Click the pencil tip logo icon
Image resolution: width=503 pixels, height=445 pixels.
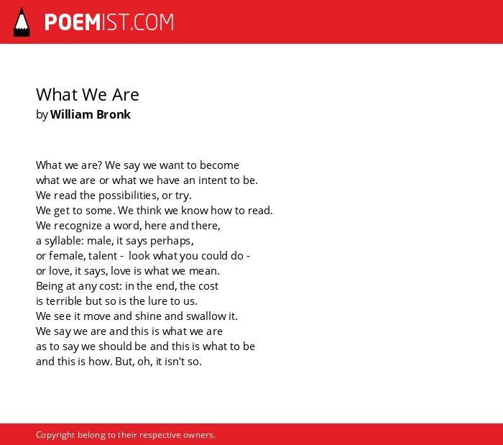pyautogui.click(x=22, y=22)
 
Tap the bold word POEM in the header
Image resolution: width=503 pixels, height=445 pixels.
pyautogui.click(x=72, y=22)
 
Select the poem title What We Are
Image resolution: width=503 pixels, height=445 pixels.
pyautogui.click(x=87, y=95)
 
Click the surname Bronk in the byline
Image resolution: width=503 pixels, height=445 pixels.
pyautogui.click(x=114, y=114)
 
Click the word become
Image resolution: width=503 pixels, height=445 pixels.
pyautogui.click(x=219, y=165)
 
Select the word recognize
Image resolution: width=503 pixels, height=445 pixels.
pyautogui.click(x=78, y=226)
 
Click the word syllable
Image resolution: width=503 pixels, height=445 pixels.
pyautogui.click(x=64, y=241)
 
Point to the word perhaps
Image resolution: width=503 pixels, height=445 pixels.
pyautogui.click(x=172, y=241)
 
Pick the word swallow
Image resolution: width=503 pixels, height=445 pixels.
pyautogui.click(x=206, y=316)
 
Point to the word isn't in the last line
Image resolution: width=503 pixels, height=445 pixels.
pyautogui.click(x=175, y=362)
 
